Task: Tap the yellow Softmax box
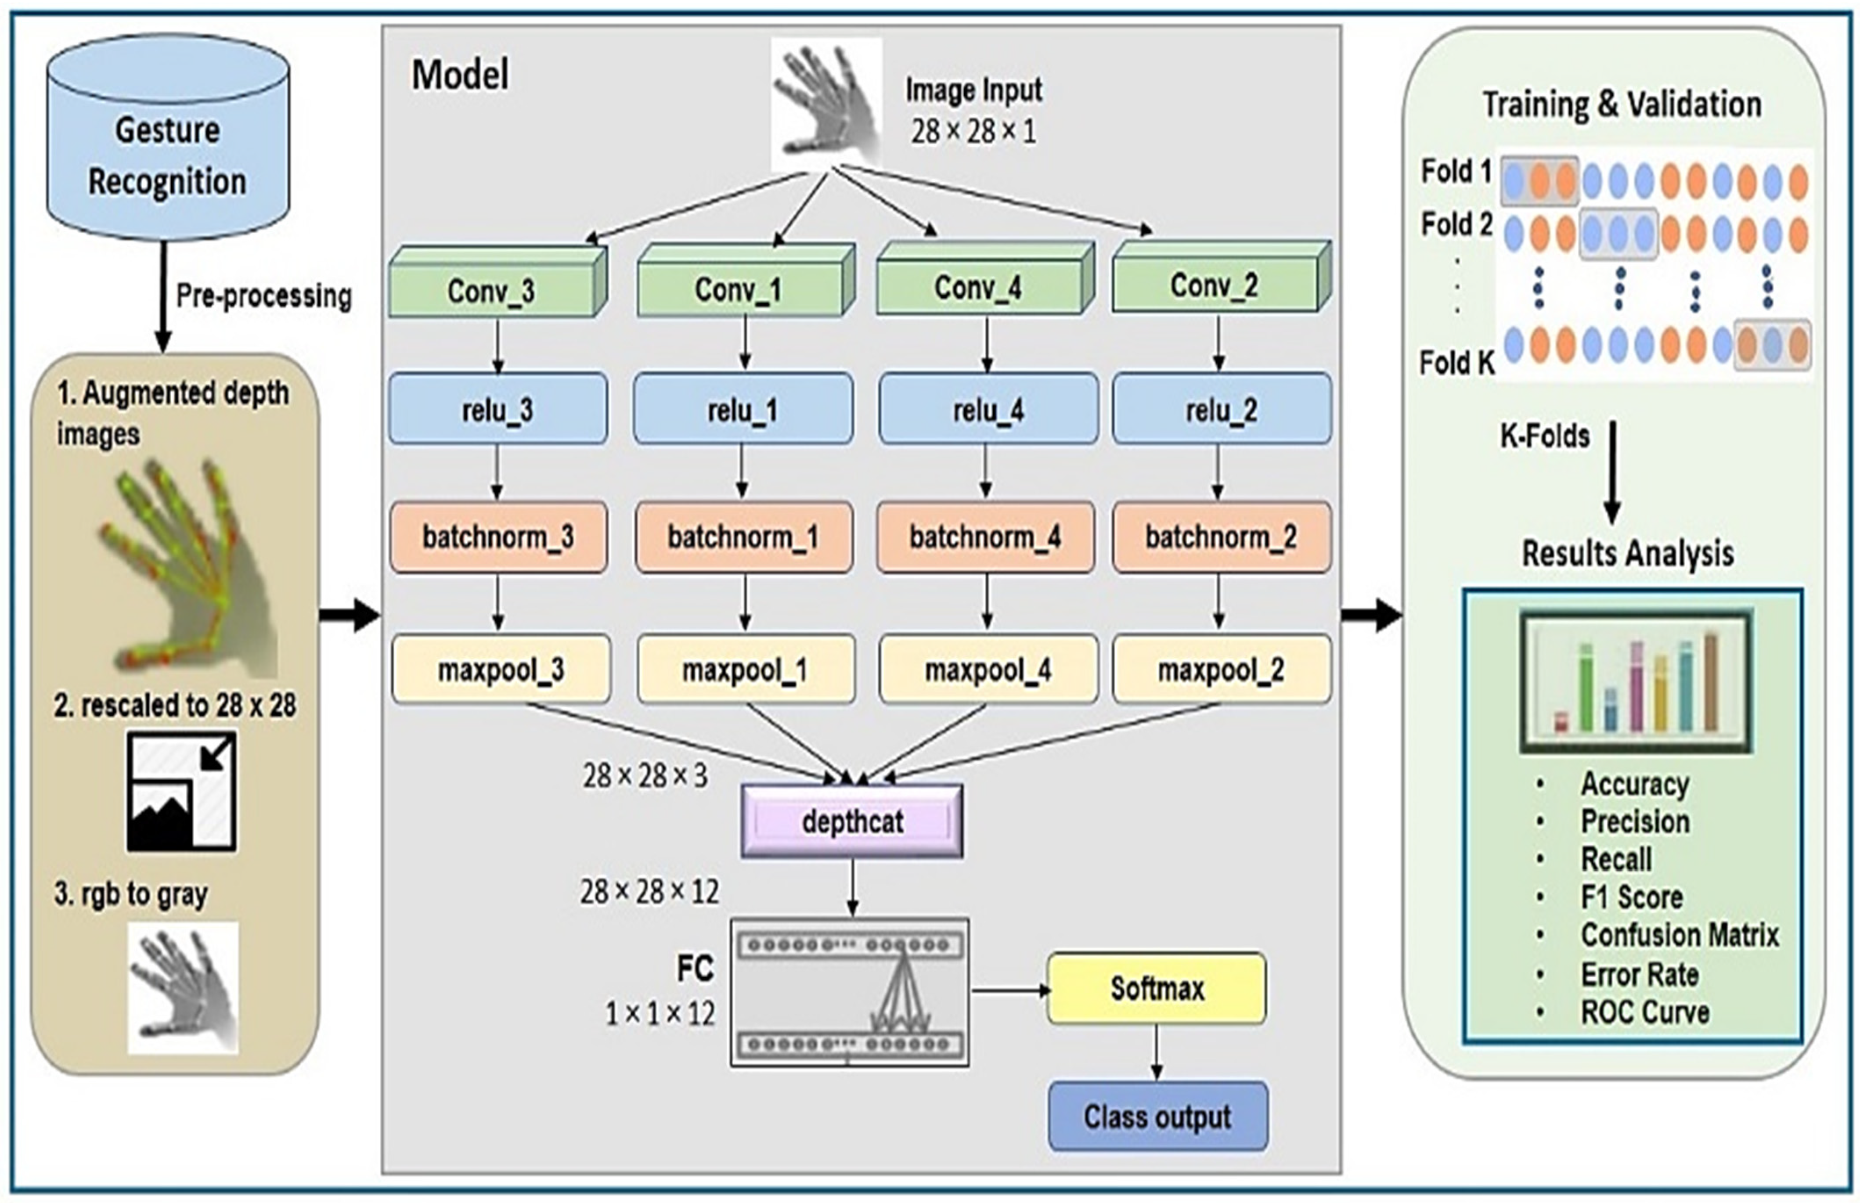tap(1156, 988)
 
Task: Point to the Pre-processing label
tap(264, 296)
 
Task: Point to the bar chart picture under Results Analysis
tap(1636, 681)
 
